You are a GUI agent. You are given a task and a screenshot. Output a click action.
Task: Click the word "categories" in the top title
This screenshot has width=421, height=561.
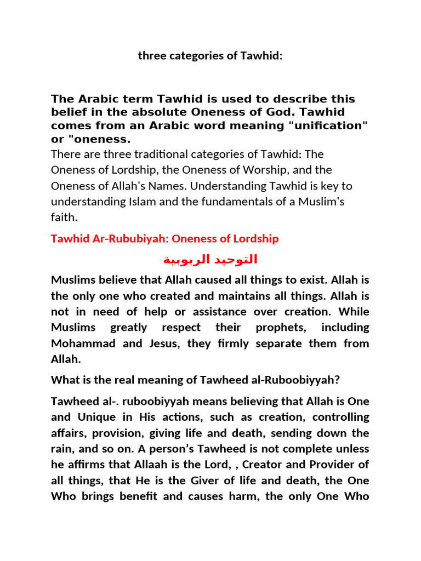tap(185, 56)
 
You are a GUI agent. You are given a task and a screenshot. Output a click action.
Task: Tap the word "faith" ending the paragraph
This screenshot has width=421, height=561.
tap(63, 217)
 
